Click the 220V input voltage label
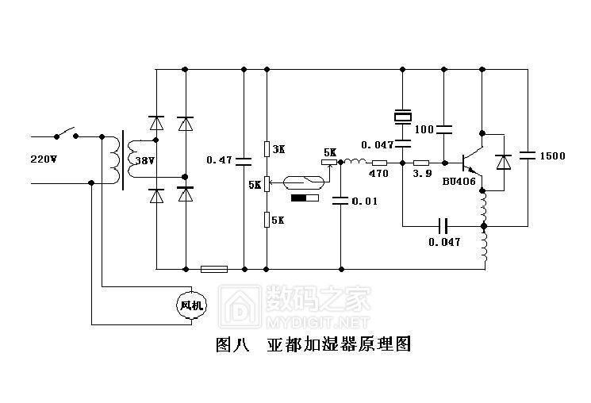point(44,159)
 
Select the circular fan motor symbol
point(191,305)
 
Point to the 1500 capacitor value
point(553,156)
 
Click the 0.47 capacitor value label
point(219,160)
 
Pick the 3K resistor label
point(278,149)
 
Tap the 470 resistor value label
point(378,174)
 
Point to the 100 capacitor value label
point(424,129)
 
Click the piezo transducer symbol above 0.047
point(403,117)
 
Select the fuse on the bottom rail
point(214,269)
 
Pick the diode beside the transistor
point(502,162)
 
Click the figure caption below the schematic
point(313,346)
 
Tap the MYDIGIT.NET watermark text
point(317,322)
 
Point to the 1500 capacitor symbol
point(526,155)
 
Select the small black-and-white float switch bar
point(305,198)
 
